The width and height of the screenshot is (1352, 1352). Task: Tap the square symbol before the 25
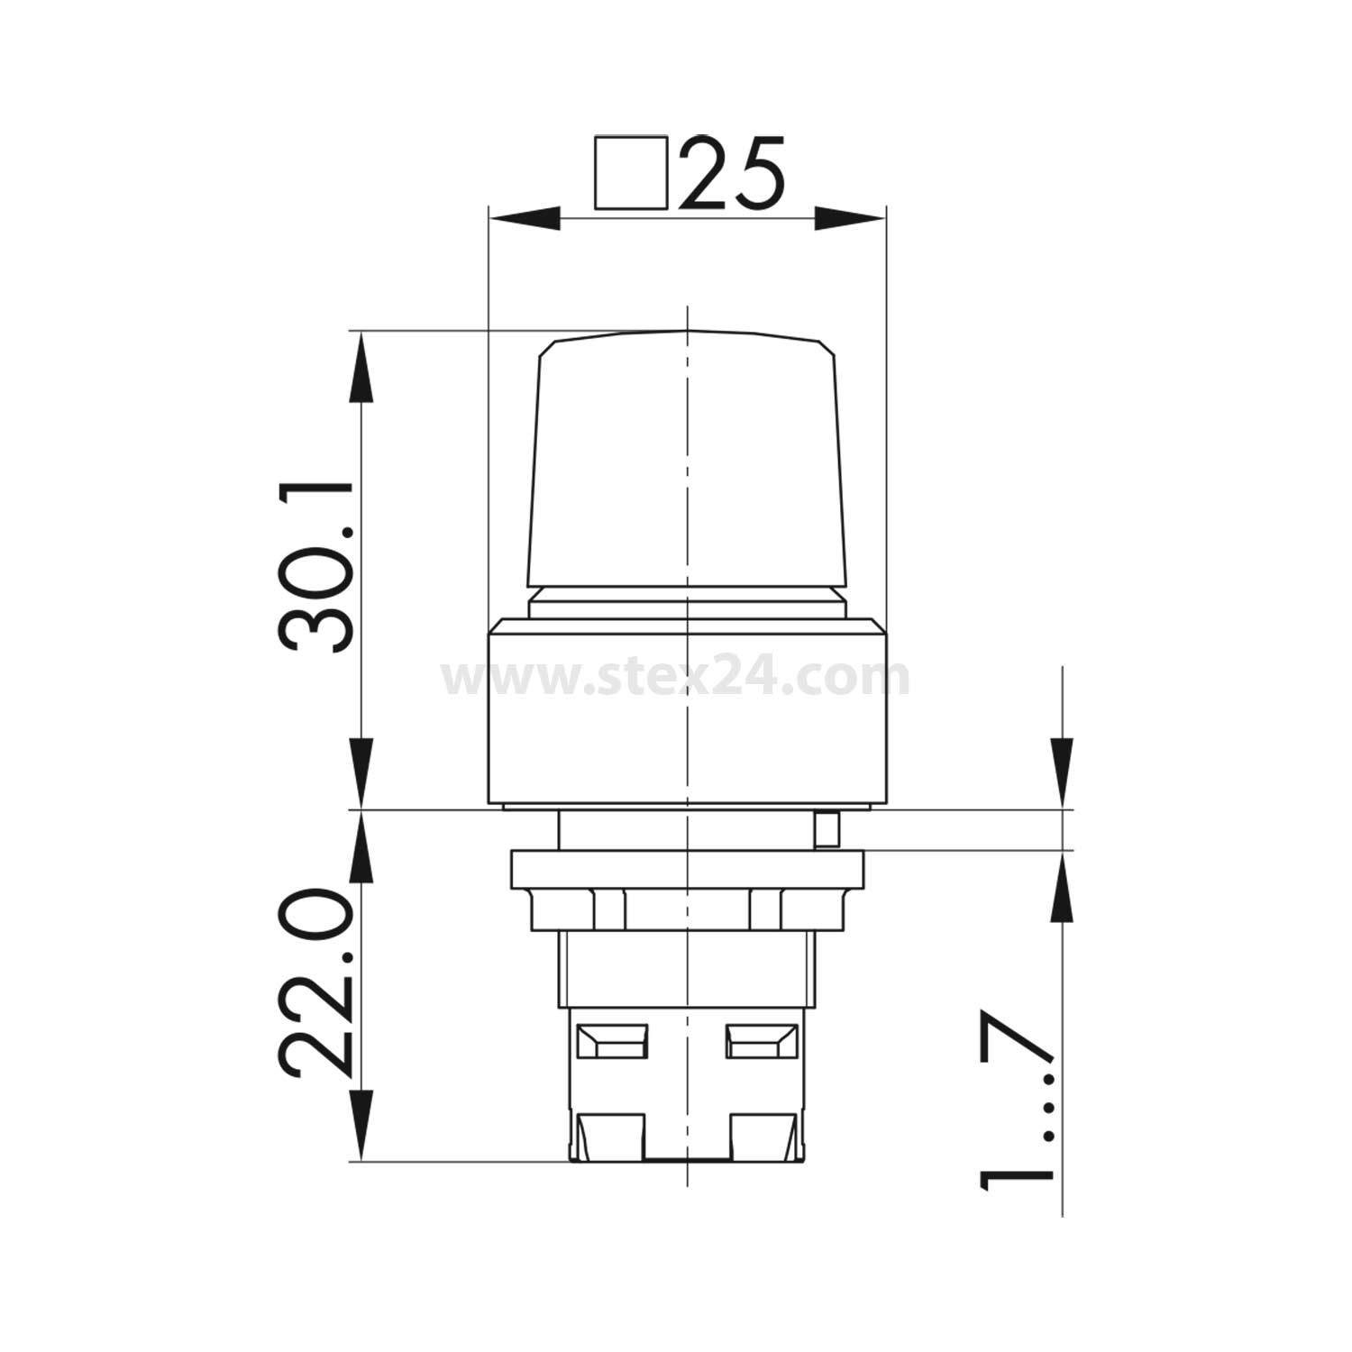point(630,173)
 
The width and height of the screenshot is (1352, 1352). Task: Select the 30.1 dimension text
point(316,567)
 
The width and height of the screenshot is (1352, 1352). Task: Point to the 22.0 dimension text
point(316,983)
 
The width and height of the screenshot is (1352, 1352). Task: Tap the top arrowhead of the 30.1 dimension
point(361,366)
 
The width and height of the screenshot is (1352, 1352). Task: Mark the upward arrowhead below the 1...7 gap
point(1063,888)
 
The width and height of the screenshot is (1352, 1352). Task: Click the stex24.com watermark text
point(676,678)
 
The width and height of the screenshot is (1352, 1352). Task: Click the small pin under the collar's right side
point(825,829)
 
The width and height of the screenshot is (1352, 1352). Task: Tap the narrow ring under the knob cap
point(687,604)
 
